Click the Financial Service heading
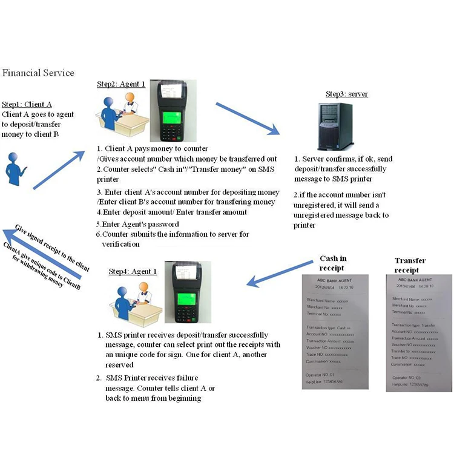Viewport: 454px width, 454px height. [x=38, y=73]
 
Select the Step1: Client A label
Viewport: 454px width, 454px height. [x=27, y=104]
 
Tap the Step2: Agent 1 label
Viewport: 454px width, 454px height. [x=121, y=84]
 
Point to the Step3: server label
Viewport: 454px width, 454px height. [x=347, y=94]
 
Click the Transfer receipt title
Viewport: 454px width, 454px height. [x=410, y=265]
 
